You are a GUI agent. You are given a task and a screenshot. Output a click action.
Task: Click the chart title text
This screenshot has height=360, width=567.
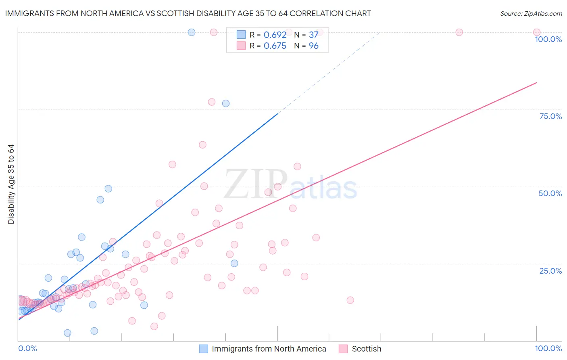[x=188, y=13]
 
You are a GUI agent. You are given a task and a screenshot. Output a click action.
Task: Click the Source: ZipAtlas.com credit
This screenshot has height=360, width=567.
[x=531, y=13]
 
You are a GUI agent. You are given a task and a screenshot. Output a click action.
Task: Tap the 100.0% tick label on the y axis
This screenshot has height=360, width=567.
[x=548, y=39]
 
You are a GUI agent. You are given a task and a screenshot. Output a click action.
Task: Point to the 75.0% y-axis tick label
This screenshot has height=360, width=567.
[x=550, y=116]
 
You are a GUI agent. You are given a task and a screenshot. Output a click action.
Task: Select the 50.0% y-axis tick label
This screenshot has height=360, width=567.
[x=550, y=193]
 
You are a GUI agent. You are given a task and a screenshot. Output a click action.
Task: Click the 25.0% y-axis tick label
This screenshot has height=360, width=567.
[x=550, y=270]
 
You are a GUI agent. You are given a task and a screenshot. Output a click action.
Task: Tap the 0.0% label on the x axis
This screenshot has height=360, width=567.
[x=27, y=348]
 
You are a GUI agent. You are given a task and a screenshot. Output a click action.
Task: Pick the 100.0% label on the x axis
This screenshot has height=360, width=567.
[x=548, y=348]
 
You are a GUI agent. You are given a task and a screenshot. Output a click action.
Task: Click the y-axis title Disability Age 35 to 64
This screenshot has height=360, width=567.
[x=11, y=184]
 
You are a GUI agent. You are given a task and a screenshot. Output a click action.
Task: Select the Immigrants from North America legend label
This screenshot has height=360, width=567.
[x=269, y=349]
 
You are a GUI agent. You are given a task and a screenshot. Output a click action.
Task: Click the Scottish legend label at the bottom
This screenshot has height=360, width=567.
[x=366, y=349]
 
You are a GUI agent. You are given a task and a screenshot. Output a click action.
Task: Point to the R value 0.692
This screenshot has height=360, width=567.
[x=275, y=35]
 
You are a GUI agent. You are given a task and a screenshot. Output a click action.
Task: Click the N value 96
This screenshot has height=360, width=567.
[x=313, y=46]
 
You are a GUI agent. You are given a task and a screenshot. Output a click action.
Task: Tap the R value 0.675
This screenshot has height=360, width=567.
[x=275, y=46]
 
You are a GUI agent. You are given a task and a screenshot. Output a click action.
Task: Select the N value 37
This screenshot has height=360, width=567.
[x=313, y=35]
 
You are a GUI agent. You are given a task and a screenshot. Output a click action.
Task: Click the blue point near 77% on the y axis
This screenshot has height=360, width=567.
[x=226, y=103]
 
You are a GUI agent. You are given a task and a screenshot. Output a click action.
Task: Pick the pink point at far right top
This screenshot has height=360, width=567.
[x=537, y=32]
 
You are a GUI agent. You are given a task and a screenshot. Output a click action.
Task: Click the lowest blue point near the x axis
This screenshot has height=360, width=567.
[x=67, y=333]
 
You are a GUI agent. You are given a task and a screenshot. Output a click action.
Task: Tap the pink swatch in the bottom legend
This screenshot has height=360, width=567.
[x=343, y=349]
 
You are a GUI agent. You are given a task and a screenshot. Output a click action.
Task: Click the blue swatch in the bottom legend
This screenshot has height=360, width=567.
[x=203, y=349]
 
